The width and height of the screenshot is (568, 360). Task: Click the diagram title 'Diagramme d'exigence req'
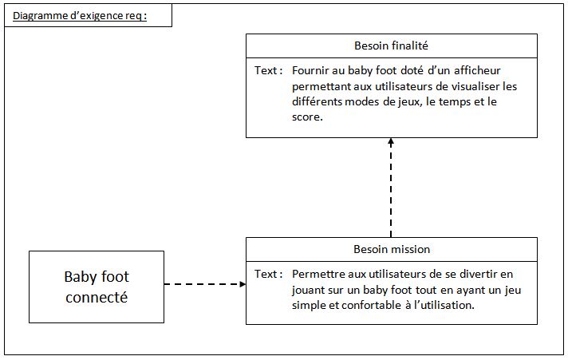click(80, 16)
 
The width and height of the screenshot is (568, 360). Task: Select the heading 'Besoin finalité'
click(391, 45)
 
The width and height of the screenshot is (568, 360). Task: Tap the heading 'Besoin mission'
click(392, 249)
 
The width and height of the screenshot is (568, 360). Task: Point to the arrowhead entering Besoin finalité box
click(391, 141)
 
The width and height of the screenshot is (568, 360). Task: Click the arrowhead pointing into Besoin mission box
click(243, 284)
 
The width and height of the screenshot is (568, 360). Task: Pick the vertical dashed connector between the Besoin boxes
click(391, 188)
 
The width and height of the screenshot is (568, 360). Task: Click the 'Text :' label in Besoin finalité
click(268, 70)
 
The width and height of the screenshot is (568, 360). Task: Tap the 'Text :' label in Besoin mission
click(268, 274)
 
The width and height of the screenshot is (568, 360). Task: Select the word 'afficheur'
click(477, 70)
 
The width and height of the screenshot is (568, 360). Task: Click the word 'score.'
click(307, 117)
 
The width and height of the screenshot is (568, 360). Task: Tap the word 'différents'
click(317, 101)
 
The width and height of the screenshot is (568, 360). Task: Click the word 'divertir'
click(479, 274)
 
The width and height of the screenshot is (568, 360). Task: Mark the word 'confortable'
click(371, 305)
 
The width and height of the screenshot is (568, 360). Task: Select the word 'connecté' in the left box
click(97, 298)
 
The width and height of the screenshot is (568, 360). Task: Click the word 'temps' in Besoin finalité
click(455, 102)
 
